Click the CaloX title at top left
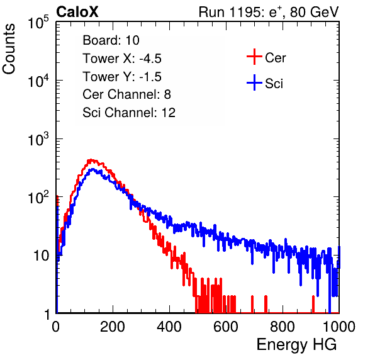click(77, 12)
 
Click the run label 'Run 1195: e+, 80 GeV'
click(269, 12)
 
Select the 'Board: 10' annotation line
click(111, 40)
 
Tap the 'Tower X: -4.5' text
click(122, 59)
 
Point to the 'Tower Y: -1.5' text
click(122, 77)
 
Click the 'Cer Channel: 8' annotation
click(126, 94)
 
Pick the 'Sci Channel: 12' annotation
click(129, 113)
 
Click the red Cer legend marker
click(254, 57)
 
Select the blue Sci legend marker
click(254, 82)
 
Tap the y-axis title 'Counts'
click(9, 49)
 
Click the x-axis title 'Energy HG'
click(296, 345)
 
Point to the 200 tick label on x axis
click(113, 327)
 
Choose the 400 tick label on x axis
click(169, 327)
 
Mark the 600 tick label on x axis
click(226, 327)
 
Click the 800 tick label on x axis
click(283, 327)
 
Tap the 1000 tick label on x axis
click(339, 327)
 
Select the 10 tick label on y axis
click(42, 256)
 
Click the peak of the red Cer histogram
click(91, 160)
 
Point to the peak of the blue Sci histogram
click(92, 169)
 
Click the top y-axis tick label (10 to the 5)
click(38, 23)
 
